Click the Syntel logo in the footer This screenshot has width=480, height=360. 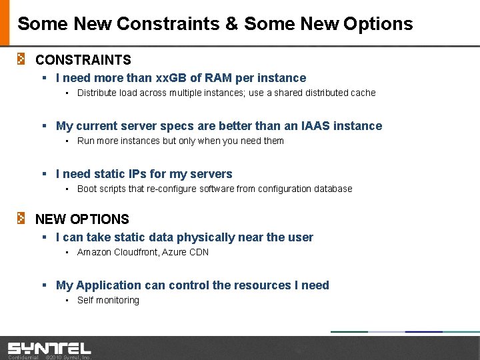point(49,348)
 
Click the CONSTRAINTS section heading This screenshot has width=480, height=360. point(83,60)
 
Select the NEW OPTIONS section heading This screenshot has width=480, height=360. point(82,219)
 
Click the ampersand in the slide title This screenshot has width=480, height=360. point(231,24)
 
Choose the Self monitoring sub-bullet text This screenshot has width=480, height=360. point(108,300)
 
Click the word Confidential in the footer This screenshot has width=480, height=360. point(23,357)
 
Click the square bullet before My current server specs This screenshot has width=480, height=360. point(43,126)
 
